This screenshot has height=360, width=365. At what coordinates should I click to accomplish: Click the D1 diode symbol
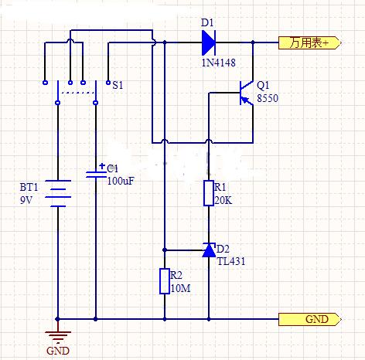coord(209,42)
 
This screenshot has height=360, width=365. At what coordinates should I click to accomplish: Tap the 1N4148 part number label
coord(218,63)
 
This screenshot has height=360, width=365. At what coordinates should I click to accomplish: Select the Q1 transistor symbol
coord(247,93)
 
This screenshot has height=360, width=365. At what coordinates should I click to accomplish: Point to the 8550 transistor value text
coord(268,98)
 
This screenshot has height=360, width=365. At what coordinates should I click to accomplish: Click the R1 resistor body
coord(209,193)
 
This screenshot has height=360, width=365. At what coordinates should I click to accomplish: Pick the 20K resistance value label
coord(223,200)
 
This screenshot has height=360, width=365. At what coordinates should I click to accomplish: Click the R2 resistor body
coord(165,281)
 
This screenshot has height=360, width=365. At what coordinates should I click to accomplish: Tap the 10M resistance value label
coord(180,288)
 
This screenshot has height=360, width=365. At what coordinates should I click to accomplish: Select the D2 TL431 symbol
coord(209,250)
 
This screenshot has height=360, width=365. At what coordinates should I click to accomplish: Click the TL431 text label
coord(231,261)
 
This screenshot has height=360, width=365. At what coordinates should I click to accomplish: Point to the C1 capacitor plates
coord(96,175)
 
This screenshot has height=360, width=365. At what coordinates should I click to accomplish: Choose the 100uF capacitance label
coord(121,181)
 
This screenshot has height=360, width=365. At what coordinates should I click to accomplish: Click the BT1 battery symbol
coord(58,193)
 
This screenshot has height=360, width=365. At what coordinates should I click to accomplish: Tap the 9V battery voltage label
coord(26,200)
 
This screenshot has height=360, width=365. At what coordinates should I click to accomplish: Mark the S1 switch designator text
coord(118,85)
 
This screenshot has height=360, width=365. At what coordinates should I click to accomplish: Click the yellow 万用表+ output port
coord(310,42)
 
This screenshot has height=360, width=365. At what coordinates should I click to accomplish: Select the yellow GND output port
coord(310,319)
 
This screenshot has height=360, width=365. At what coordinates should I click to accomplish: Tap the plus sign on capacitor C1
coord(102,166)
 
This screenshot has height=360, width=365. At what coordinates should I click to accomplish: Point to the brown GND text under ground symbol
coord(58,351)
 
